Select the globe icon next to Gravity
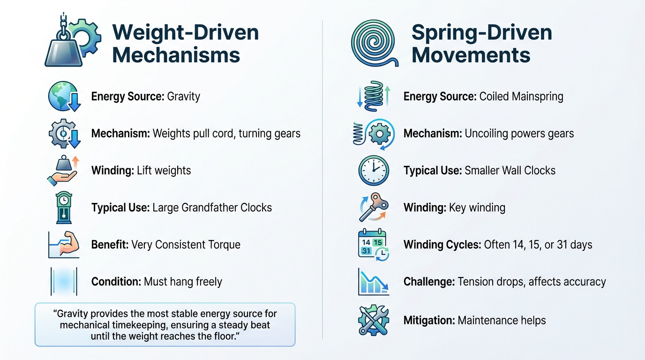click(x=64, y=97)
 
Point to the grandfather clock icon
click(x=64, y=207)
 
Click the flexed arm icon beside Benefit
click(x=64, y=244)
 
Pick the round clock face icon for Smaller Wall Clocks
click(x=373, y=170)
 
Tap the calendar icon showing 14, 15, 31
click(x=373, y=244)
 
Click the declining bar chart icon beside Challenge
click(x=373, y=281)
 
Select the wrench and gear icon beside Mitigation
click(x=373, y=320)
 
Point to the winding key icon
click(x=373, y=207)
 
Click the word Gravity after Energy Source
click(x=183, y=97)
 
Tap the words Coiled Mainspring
click(x=521, y=97)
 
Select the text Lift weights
click(x=164, y=170)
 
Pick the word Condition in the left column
click(x=116, y=281)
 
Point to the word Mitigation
click(x=428, y=320)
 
